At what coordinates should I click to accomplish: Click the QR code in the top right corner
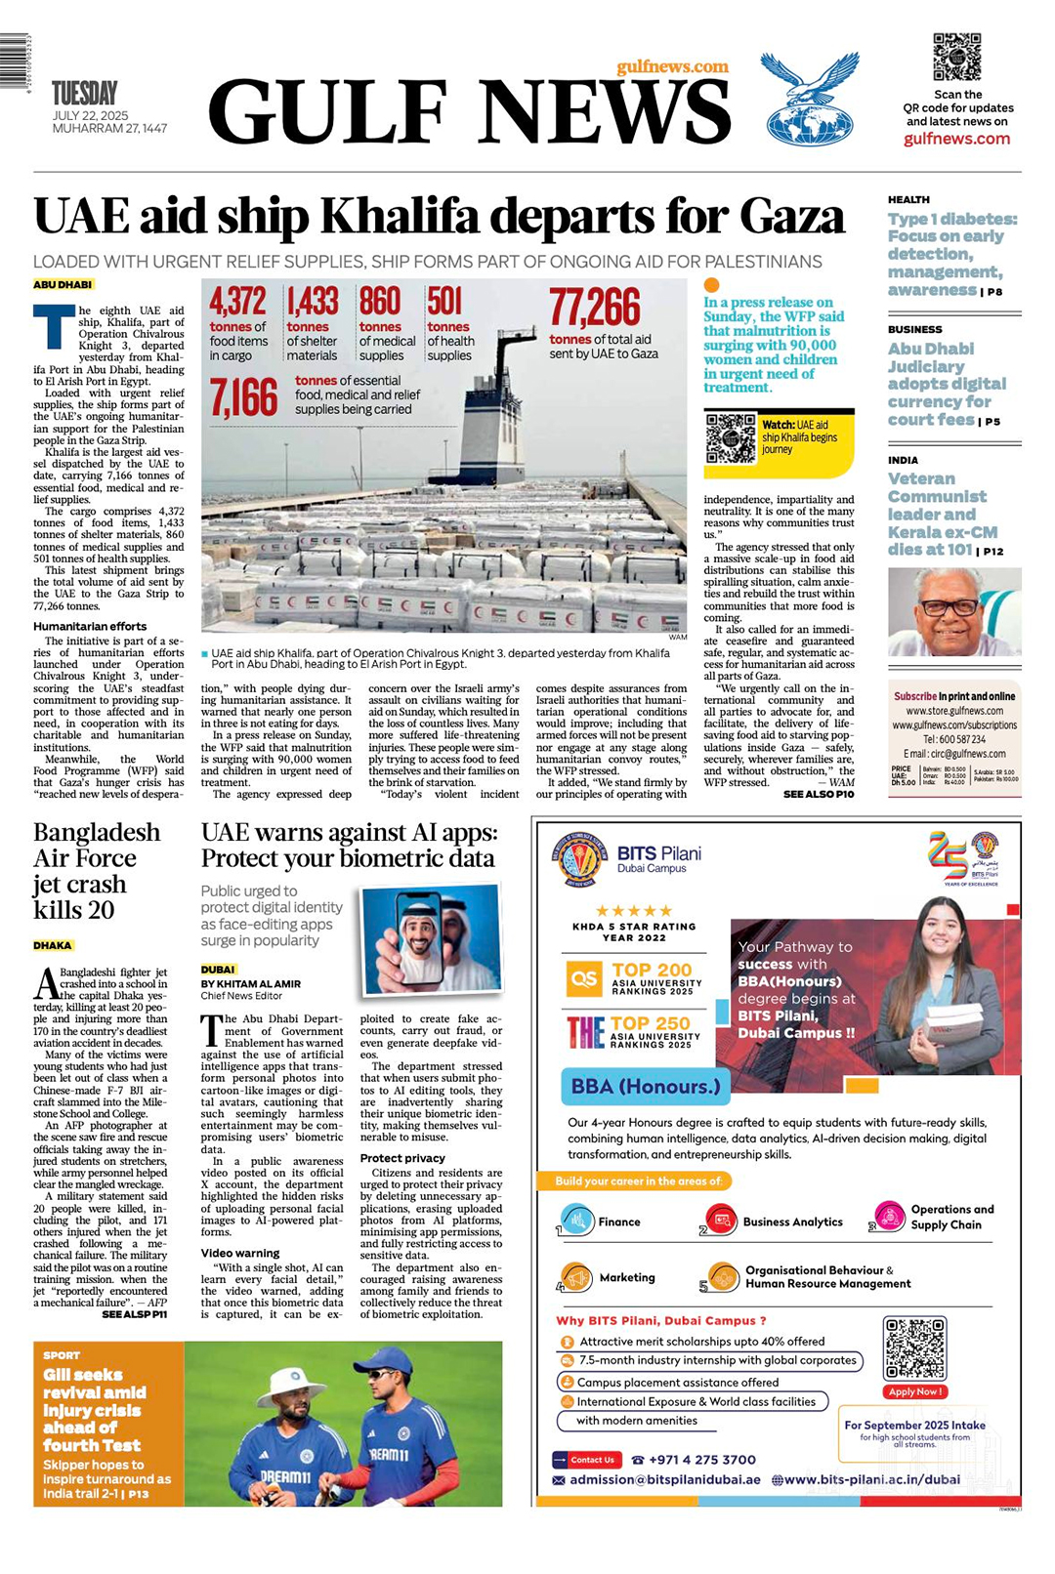956,58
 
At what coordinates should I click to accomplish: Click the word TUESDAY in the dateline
84,94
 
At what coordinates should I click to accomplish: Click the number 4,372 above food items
237,301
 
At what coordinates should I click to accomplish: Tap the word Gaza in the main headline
791,216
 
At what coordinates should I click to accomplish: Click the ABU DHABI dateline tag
63,284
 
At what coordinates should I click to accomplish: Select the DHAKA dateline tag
53,945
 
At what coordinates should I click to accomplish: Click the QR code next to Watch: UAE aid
731,438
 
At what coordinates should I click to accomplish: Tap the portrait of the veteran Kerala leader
953,612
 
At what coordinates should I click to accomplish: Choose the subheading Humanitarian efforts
90,627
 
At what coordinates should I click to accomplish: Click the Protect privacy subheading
402,1158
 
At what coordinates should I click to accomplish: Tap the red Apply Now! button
914,1391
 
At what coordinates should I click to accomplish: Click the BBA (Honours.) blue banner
646,1086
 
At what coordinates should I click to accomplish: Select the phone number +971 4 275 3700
701,1460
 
